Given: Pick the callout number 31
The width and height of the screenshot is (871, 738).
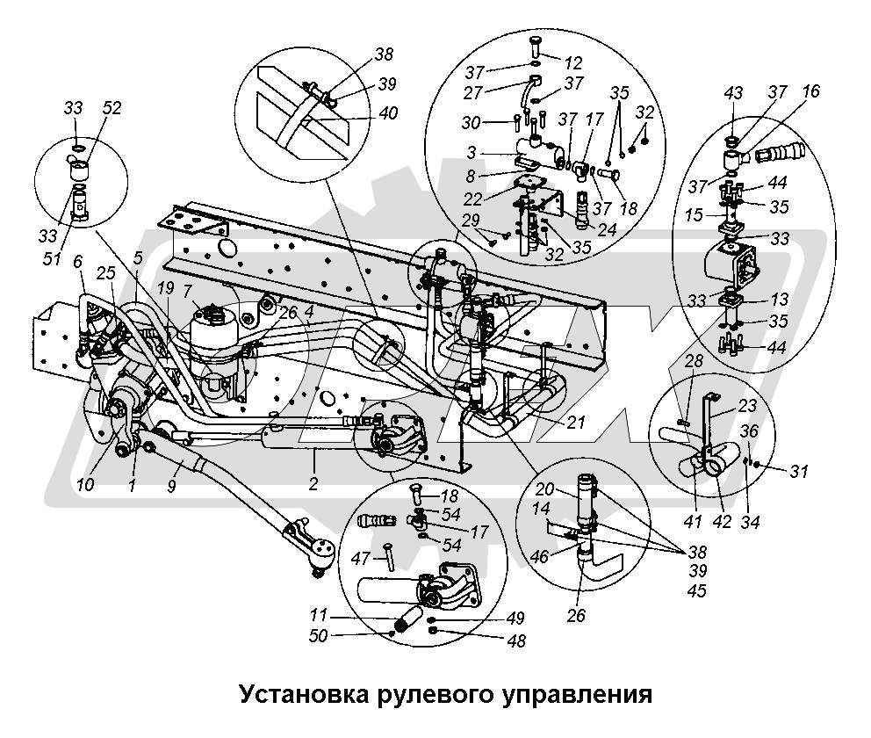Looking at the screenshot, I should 796,471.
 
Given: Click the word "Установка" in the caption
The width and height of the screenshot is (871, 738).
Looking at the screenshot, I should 293,695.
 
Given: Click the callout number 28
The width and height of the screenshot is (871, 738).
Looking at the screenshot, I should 694,361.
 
